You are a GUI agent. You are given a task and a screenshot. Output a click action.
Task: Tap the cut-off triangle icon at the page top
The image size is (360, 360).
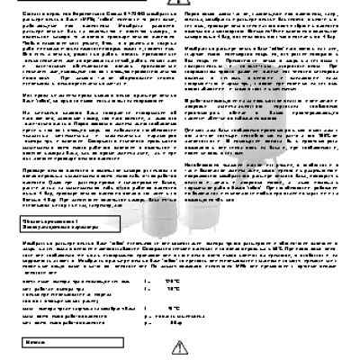179,4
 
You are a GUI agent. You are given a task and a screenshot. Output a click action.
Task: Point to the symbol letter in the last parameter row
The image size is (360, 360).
146,321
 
